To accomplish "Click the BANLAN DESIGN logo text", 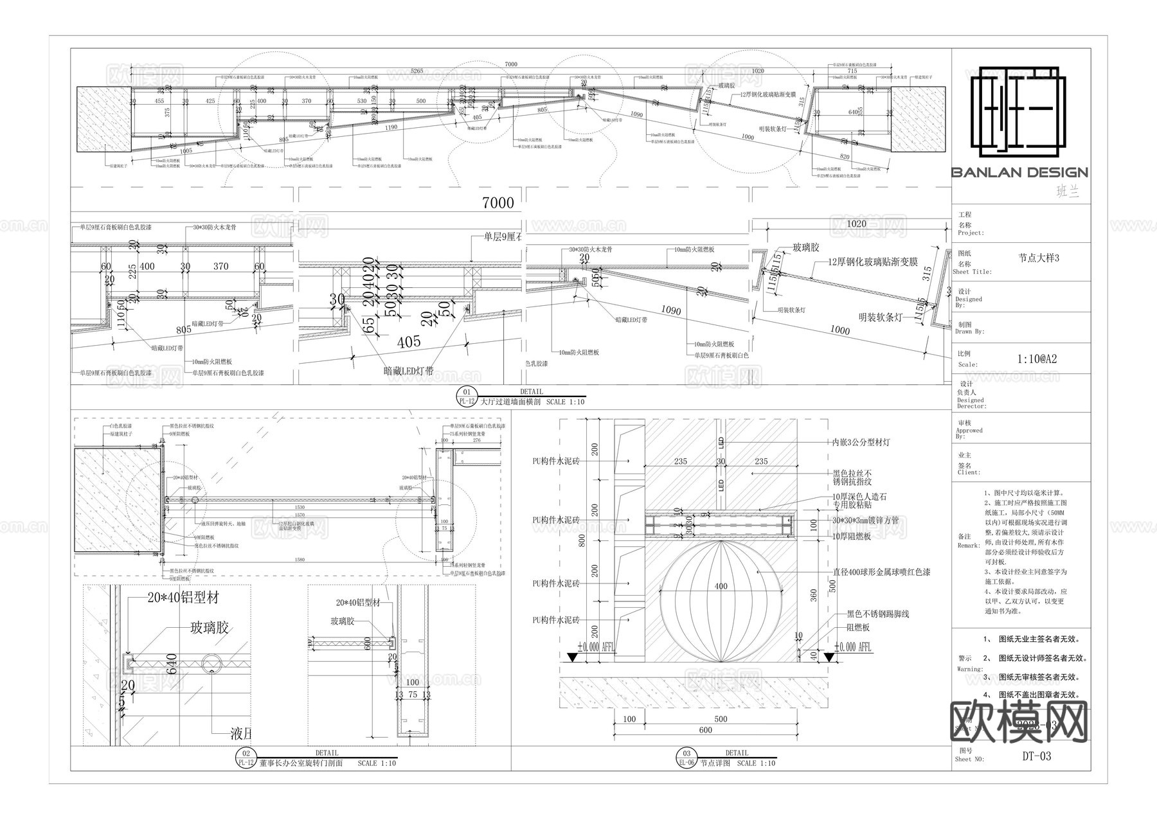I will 1019,172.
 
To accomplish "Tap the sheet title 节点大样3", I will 1038,258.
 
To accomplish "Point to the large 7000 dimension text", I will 498,203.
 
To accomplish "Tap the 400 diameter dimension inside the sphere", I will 721,586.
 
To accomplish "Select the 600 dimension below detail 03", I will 705,730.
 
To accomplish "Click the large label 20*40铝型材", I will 183,598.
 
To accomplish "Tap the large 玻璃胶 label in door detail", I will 209,628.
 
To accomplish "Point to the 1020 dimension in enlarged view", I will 856,224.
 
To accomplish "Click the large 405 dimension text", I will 409,342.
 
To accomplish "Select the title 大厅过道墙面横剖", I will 511,402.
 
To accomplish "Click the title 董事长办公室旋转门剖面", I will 301,763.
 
